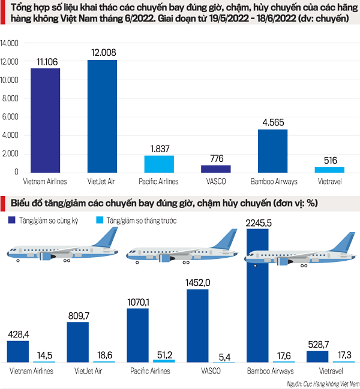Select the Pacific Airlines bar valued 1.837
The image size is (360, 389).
[160, 164]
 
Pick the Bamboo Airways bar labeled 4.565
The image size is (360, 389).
[273, 150]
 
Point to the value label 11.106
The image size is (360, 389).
[46, 61]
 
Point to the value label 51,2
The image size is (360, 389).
[163, 354]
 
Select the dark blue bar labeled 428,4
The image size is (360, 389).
[17, 351]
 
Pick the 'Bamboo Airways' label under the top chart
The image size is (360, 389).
[273, 179]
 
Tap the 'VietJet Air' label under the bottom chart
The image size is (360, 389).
[89, 371]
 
